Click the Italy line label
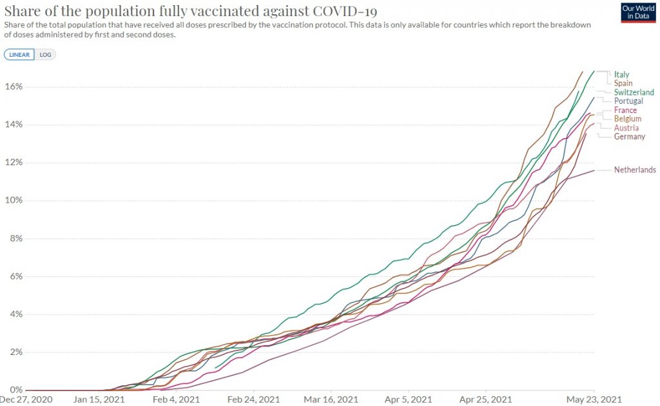coord(621,74)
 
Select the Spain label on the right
coord(623,83)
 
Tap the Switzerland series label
coord(634,92)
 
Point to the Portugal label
coord(628,101)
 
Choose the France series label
coord(625,110)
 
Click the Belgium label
coord(627,119)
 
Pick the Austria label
coord(626,128)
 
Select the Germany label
coord(630,137)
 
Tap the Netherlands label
coord(635,170)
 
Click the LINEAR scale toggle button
coord(19,55)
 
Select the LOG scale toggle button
coord(45,55)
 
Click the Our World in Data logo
coord(637,13)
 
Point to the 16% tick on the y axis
coord(14,87)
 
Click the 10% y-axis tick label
coord(14,201)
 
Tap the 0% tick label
coord(15,391)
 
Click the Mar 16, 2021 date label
coord(331,400)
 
